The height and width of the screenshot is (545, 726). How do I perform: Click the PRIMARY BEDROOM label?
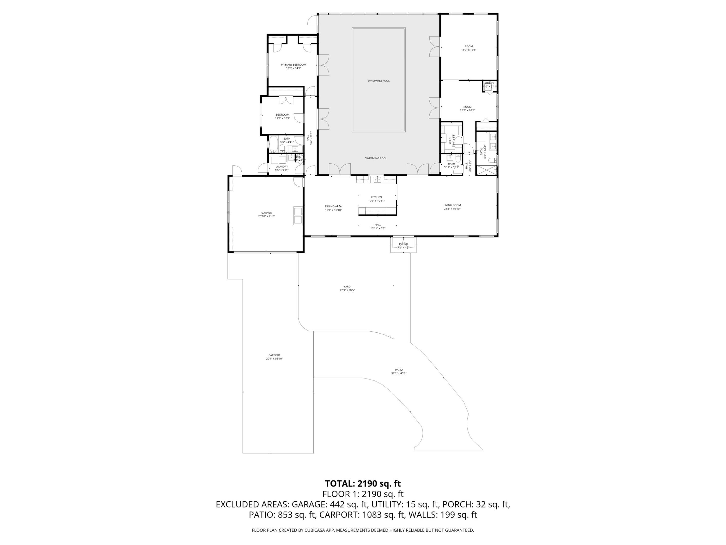(x=293, y=65)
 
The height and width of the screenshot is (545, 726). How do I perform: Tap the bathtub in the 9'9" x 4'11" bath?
(x=274, y=145)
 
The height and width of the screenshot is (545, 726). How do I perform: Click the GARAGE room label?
(x=266, y=213)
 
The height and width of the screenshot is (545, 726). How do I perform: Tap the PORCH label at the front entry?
(x=403, y=244)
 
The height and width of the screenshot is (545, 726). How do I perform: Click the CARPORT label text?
(x=274, y=355)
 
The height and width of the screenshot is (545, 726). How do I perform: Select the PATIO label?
(x=399, y=370)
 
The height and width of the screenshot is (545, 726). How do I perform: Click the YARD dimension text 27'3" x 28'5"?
(x=347, y=290)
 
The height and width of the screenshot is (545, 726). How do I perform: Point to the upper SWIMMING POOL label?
(x=378, y=81)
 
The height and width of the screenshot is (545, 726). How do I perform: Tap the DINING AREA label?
(x=333, y=207)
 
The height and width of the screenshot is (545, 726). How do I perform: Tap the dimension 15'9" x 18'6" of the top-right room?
(x=469, y=50)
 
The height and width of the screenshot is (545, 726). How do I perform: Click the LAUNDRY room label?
(x=282, y=167)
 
